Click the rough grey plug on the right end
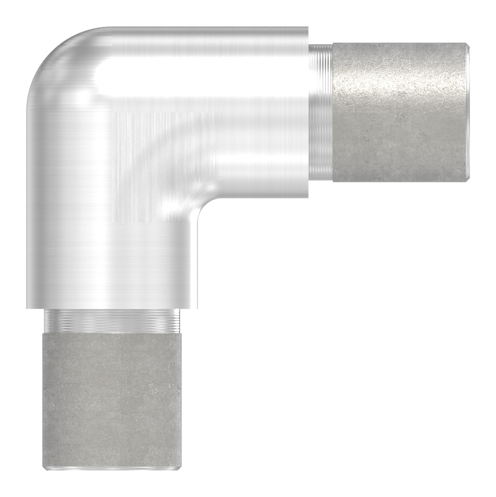(398, 112)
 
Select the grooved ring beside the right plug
(321, 112)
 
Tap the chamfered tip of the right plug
(467, 112)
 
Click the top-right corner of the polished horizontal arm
(308, 28)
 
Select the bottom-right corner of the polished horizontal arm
(308, 198)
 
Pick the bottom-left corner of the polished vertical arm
(26, 308)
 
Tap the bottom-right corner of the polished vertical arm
(197, 308)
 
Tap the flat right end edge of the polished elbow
(308, 112)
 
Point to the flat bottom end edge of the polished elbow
(112, 307)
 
